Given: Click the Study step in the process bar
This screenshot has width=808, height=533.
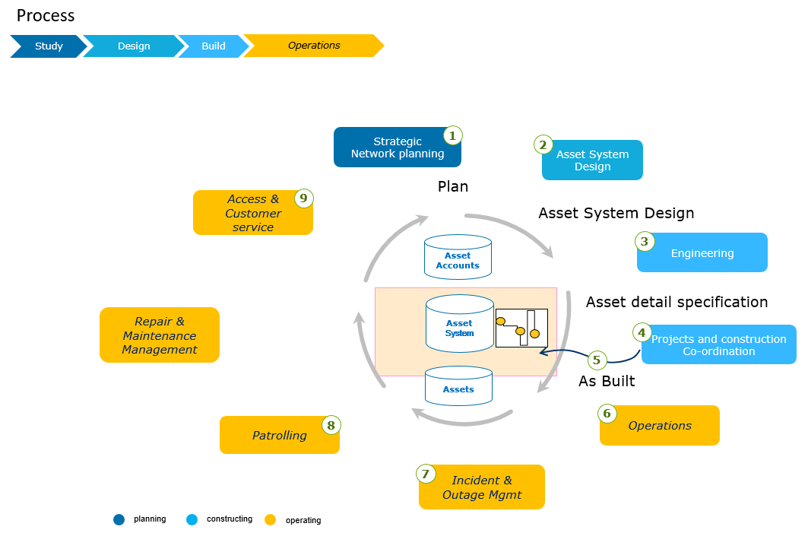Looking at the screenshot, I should pyautogui.click(x=48, y=46).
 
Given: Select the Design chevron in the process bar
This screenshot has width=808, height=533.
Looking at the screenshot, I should pyautogui.click(x=134, y=46).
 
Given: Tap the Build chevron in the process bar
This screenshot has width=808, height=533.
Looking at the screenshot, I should pyautogui.click(x=214, y=46).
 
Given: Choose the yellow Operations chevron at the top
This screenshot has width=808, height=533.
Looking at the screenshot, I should pyautogui.click(x=314, y=46).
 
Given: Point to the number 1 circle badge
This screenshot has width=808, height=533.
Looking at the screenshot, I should pyautogui.click(x=452, y=136).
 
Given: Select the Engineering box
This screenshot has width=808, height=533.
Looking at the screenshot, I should pyautogui.click(x=702, y=253).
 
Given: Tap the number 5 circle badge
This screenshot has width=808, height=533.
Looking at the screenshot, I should pyautogui.click(x=597, y=360).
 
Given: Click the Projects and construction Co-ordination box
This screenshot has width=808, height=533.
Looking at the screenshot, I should pyautogui.click(x=719, y=345).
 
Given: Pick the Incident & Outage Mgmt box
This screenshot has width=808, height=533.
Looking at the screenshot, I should pyautogui.click(x=482, y=487).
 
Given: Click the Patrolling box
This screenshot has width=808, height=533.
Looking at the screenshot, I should pyautogui.click(x=279, y=436).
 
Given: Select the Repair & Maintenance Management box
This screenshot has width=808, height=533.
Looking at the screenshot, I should pyautogui.click(x=160, y=335).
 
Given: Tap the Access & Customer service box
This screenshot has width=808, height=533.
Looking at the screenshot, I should pyautogui.click(x=252, y=213).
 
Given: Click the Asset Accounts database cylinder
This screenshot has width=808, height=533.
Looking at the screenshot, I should pyautogui.click(x=458, y=258).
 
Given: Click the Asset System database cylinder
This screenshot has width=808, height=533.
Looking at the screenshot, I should pyautogui.click(x=459, y=325).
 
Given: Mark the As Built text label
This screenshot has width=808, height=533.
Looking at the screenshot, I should pyautogui.click(x=607, y=382).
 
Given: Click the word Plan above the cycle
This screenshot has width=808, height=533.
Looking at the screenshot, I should pyautogui.click(x=453, y=186).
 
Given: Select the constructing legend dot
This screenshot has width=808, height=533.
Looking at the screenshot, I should pyautogui.click(x=192, y=520).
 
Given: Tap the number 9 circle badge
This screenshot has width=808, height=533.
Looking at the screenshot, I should pyautogui.click(x=304, y=198).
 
